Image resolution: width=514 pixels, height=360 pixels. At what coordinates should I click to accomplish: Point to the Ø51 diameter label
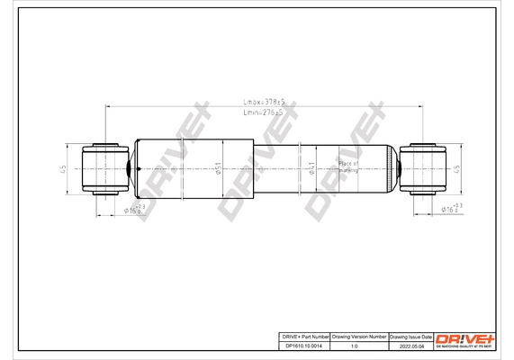tap(219, 167)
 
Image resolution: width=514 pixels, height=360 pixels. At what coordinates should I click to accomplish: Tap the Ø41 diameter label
tap(311, 168)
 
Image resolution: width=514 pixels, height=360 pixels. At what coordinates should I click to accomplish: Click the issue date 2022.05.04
tap(409, 346)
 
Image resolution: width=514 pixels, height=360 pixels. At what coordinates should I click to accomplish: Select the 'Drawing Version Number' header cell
tap(358, 336)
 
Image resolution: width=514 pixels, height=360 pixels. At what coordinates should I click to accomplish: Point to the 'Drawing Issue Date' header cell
tap(409, 336)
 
